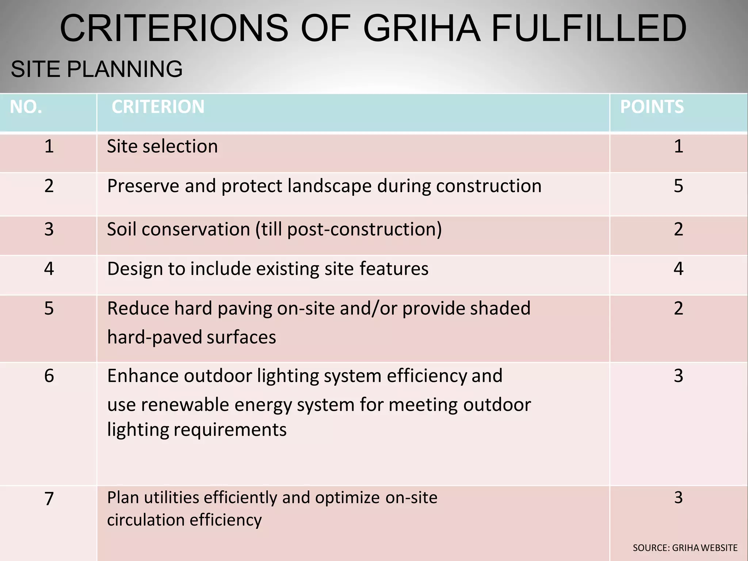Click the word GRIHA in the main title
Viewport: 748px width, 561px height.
[422, 28]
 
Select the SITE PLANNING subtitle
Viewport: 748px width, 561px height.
[97, 69]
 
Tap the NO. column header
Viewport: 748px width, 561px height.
[26, 107]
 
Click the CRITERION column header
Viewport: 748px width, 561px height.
[158, 107]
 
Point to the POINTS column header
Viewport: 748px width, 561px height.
[652, 107]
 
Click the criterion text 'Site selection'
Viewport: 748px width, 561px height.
[162, 146]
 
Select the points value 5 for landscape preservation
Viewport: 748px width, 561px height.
[678, 186]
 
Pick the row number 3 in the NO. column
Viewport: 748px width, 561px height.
[49, 229]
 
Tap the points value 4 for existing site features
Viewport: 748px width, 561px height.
[678, 269]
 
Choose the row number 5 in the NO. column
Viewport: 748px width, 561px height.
[49, 309]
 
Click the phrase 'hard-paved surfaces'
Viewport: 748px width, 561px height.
[191, 337]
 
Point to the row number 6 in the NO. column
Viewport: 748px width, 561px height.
[49, 376]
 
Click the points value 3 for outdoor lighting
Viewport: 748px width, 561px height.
[678, 376]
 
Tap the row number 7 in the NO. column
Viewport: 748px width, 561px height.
[49, 499]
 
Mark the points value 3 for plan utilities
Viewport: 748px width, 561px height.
[678, 497]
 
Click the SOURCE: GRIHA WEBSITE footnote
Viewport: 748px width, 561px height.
[685, 548]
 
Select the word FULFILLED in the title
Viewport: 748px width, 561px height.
[589, 28]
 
